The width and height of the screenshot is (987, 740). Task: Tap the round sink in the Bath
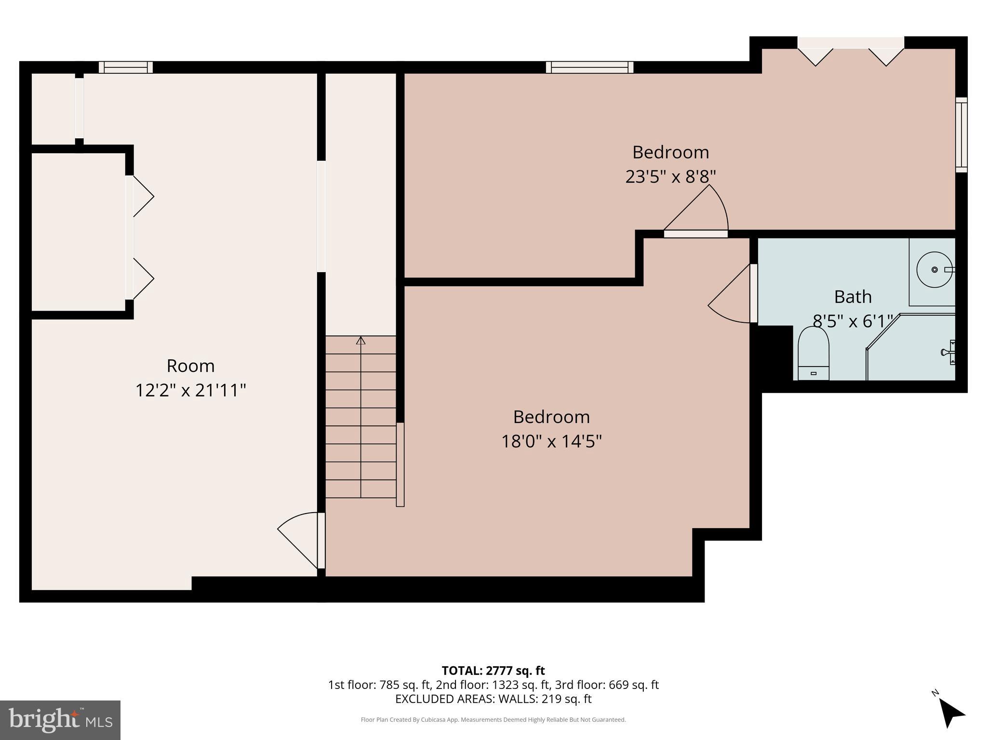[x=934, y=270]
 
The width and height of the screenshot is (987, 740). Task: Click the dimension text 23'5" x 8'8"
[x=670, y=177]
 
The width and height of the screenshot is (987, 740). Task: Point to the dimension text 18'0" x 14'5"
[x=551, y=441]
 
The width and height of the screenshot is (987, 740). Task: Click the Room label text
[x=190, y=366]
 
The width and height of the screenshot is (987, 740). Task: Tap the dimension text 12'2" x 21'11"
[x=190, y=390]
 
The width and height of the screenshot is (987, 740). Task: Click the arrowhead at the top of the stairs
[x=360, y=340]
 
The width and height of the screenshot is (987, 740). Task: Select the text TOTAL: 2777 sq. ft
[x=493, y=671]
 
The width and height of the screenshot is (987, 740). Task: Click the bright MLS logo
[x=60, y=720]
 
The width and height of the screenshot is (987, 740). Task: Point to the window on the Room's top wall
[x=126, y=67]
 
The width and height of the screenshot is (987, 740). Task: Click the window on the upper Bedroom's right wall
[x=961, y=135]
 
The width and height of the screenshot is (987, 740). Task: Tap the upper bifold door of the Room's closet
[x=141, y=196]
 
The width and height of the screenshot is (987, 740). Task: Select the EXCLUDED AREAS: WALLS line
[x=493, y=699]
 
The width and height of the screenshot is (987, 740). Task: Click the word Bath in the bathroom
[x=853, y=297]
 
